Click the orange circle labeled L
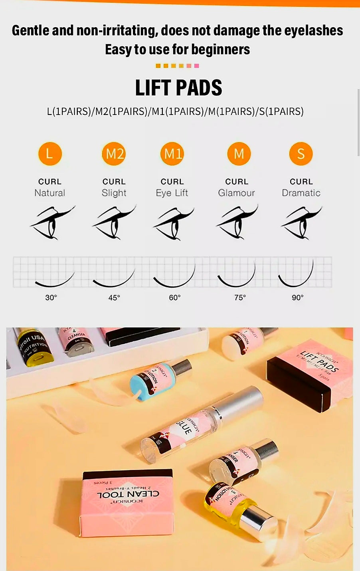(50, 154)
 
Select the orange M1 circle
(172, 154)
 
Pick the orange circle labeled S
(301, 154)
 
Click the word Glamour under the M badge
(236, 193)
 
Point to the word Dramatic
(301, 193)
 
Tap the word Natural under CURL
(49, 193)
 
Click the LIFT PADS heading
(178, 88)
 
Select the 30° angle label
(51, 297)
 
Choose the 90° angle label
(298, 297)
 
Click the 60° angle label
(175, 297)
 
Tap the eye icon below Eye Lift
(173, 222)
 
